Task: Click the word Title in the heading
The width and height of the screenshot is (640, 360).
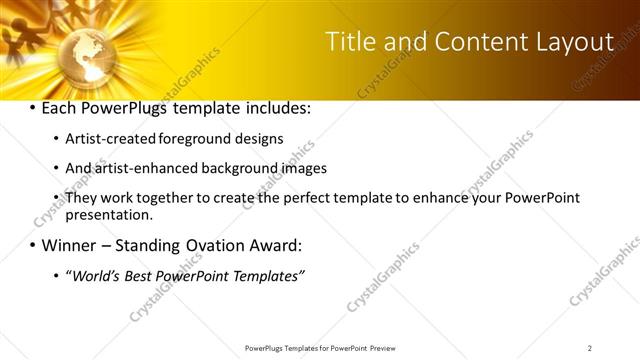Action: tap(355, 42)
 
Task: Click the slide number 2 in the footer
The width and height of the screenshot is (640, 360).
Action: tap(590, 348)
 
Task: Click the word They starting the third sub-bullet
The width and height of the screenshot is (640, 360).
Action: tap(81, 198)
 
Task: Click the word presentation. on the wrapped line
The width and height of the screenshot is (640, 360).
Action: tap(109, 214)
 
